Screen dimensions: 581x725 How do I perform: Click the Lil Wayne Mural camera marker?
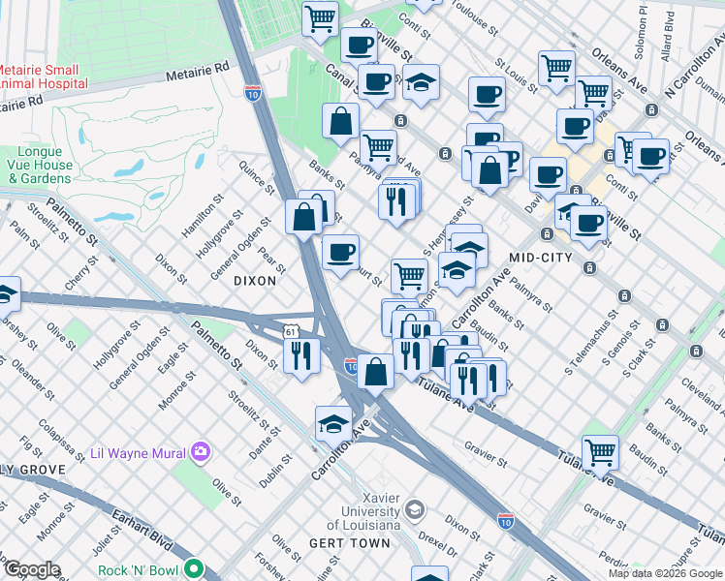tap(201, 451)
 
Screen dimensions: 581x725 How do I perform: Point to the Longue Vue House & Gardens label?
tap(46, 166)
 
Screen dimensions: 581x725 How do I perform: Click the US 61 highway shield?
tap(292, 331)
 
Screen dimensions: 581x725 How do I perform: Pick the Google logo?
tap(31, 569)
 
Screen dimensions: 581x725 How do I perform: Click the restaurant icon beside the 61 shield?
tap(303, 356)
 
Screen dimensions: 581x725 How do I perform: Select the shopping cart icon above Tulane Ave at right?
tap(600, 452)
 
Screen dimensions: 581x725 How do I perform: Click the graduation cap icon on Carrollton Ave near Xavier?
tap(332, 423)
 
